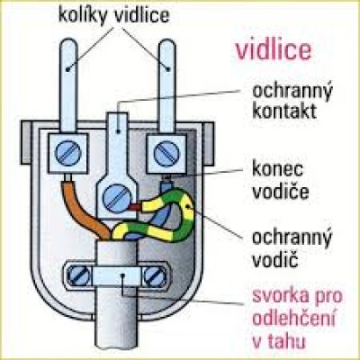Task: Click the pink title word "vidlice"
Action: pyautogui.click(x=273, y=49)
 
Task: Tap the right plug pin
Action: pyautogui.click(x=166, y=86)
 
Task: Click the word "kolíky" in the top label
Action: pyautogui.click(x=83, y=15)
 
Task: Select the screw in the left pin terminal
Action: pyautogui.click(x=68, y=153)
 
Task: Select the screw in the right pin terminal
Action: pyautogui.click(x=166, y=153)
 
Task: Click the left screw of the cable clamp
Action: pyautogui.click(x=77, y=275)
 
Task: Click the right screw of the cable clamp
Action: pyautogui.click(x=155, y=276)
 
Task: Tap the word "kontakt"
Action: pyautogui.click(x=284, y=111)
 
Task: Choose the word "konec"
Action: pyautogui.click(x=277, y=169)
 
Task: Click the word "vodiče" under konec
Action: pyautogui.click(x=281, y=191)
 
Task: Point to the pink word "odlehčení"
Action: pyautogui.click(x=293, y=319)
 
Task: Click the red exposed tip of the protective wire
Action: pyautogui.click(x=137, y=207)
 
